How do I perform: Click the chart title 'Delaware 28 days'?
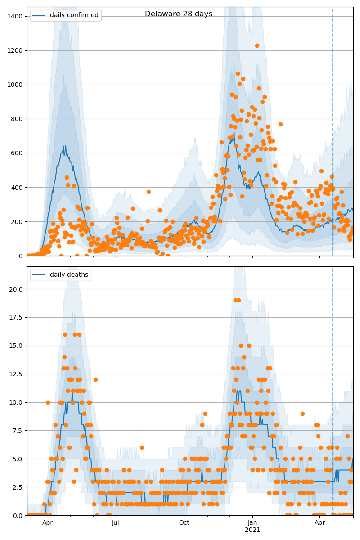pyautogui.click(x=179, y=14)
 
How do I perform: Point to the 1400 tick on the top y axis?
pyautogui.click(x=15, y=17)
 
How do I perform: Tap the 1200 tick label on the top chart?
pyautogui.click(x=15, y=51)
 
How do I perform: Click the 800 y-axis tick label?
pyautogui.click(x=17, y=119)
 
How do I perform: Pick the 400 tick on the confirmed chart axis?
pyautogui.click(x=17, y=188)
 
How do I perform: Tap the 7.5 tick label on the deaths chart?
pyautogui.click(x=18, y=431)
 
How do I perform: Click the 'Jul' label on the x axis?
pyautogui.click(x=116, y=523)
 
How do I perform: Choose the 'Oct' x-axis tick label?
pyautogui.click(x=184, y=523)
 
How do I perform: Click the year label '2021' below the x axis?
pyautogui.click(x=252, y=530)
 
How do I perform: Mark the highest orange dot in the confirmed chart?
pyautogui.click(x=257, y=45)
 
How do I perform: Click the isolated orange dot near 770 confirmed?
pyautogui.click(x=280, y=124)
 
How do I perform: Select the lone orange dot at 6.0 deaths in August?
pyautogui.click(x=142, y=447)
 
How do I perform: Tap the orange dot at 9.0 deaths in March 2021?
pyautogui.click(x=302, y=414)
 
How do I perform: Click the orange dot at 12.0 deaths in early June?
pyautogui.click(x=95, y=379)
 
